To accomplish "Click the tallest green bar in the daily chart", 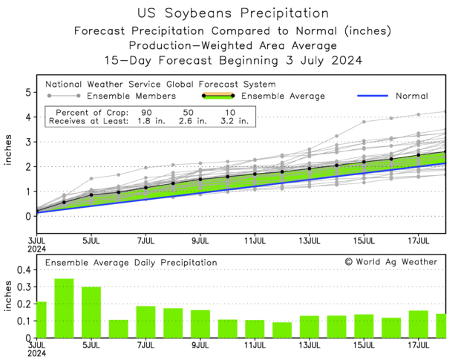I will coord(65,308).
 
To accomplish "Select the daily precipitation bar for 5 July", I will coord(91,312).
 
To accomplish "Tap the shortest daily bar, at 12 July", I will coord(282,330).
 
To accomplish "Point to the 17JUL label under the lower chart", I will coord(419,345).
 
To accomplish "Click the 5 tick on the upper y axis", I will coord(27,92).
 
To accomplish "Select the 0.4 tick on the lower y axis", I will coord(23,270).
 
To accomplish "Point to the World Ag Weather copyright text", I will coord(391,261).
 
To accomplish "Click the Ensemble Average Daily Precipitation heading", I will coord(131,262).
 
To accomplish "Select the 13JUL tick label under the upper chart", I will coord(310,240).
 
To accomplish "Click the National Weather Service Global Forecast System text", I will coord(160,85).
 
